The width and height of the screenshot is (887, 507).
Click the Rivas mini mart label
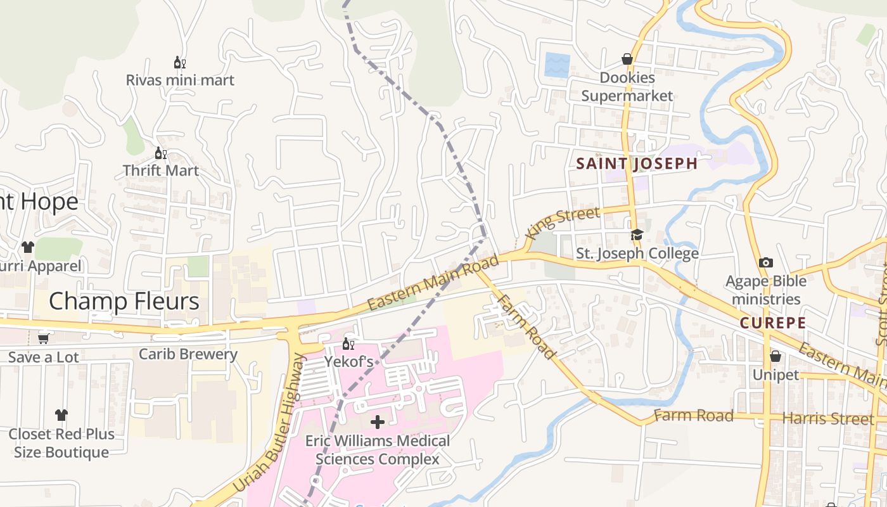point(180,80)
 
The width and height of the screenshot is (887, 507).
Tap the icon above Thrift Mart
point(161,153)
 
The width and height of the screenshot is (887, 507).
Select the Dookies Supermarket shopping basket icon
point(627,59)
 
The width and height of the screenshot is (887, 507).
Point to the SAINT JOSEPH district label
point(637,164)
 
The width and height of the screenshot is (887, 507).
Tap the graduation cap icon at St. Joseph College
point(637,235)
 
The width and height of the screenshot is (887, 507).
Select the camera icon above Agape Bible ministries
point(765,262)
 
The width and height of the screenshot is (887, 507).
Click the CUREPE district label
point(773,323)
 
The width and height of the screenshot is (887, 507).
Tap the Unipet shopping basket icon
point(775,356)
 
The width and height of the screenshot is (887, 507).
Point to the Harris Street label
point(827,419)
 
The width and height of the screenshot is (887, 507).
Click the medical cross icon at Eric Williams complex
point(378,421)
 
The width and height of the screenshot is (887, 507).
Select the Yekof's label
point(348,362)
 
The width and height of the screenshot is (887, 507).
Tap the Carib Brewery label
point(188,354)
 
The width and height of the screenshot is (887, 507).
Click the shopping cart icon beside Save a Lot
point(44,338)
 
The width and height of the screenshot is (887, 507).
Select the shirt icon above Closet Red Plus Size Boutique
point(61,415)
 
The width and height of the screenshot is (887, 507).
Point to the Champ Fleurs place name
point(124,301)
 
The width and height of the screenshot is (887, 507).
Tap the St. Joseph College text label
point(637,253)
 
